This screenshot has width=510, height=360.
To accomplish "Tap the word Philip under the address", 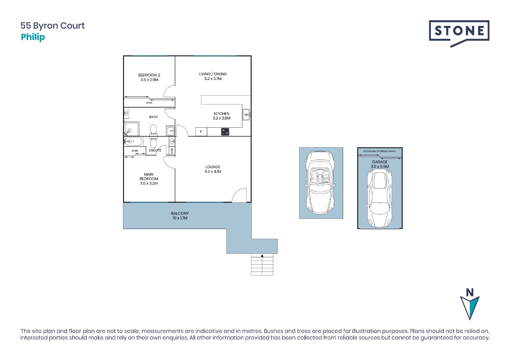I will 33,37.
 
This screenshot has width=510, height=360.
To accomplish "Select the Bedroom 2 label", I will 149,75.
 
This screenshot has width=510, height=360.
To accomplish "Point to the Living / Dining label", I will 213,74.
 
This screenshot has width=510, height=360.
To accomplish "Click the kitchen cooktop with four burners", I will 225,132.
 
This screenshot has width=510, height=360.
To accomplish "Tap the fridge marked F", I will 201,132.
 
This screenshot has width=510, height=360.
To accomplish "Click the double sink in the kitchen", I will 246,115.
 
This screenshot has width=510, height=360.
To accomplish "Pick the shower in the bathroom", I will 131,129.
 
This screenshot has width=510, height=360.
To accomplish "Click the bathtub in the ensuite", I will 133,142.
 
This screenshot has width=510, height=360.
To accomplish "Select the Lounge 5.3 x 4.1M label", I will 213,169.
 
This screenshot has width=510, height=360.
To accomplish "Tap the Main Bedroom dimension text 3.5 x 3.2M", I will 149,183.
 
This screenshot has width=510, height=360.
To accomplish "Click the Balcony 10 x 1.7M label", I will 180,216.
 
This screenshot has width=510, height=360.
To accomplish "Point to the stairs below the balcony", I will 262,265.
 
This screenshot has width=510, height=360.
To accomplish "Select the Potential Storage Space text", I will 380,151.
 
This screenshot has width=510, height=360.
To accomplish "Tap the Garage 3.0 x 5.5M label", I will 380,164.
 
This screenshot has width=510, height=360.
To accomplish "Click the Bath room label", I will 153,117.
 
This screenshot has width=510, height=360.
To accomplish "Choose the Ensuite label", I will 155,150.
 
